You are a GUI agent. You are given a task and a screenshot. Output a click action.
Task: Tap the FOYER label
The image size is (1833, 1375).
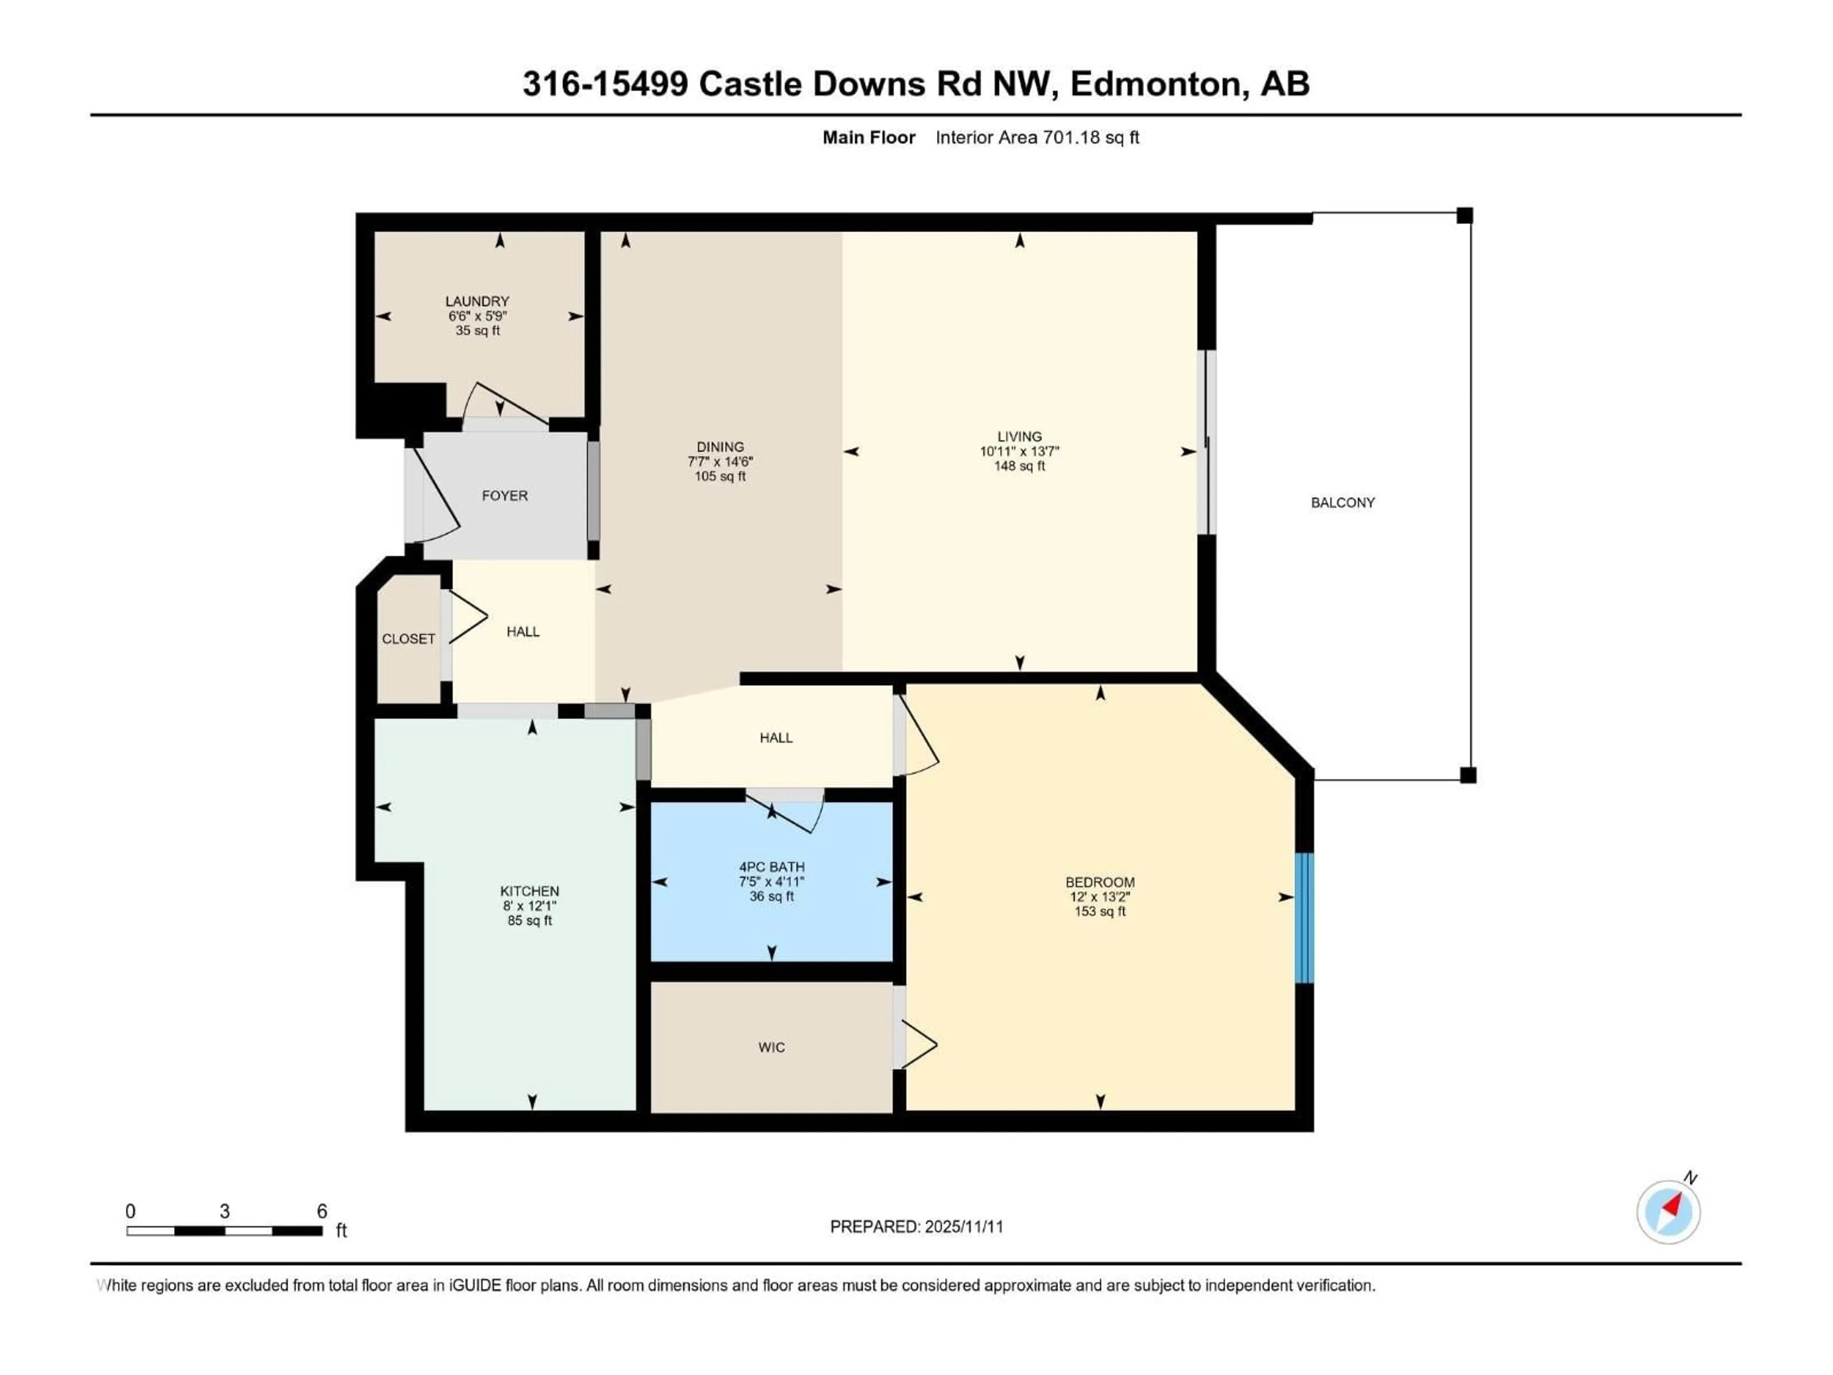[505, 496]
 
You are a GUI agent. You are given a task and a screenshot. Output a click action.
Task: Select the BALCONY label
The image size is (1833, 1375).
[1342, 502]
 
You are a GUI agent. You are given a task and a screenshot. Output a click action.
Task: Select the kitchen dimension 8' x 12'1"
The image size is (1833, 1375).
[529, 906]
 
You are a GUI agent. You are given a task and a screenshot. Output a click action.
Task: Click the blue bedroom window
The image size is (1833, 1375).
[1304, 918]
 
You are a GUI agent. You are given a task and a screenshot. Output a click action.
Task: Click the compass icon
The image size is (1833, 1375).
[1668, 1212]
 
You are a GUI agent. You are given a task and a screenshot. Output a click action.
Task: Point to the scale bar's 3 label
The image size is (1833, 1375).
[224, 1211]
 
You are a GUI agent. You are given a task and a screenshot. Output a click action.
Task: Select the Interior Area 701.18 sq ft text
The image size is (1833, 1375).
[1037, 137]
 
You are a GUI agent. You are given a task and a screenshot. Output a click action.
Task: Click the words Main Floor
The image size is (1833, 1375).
[868, 137]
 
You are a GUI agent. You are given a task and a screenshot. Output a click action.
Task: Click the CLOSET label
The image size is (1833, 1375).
[409, 639]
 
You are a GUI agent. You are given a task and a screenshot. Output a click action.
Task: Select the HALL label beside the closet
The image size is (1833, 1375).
[523, 632]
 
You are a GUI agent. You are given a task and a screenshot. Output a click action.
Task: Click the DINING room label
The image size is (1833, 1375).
[720, 447]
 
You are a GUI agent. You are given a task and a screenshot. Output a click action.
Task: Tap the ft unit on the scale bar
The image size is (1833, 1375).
[340, 1231]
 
